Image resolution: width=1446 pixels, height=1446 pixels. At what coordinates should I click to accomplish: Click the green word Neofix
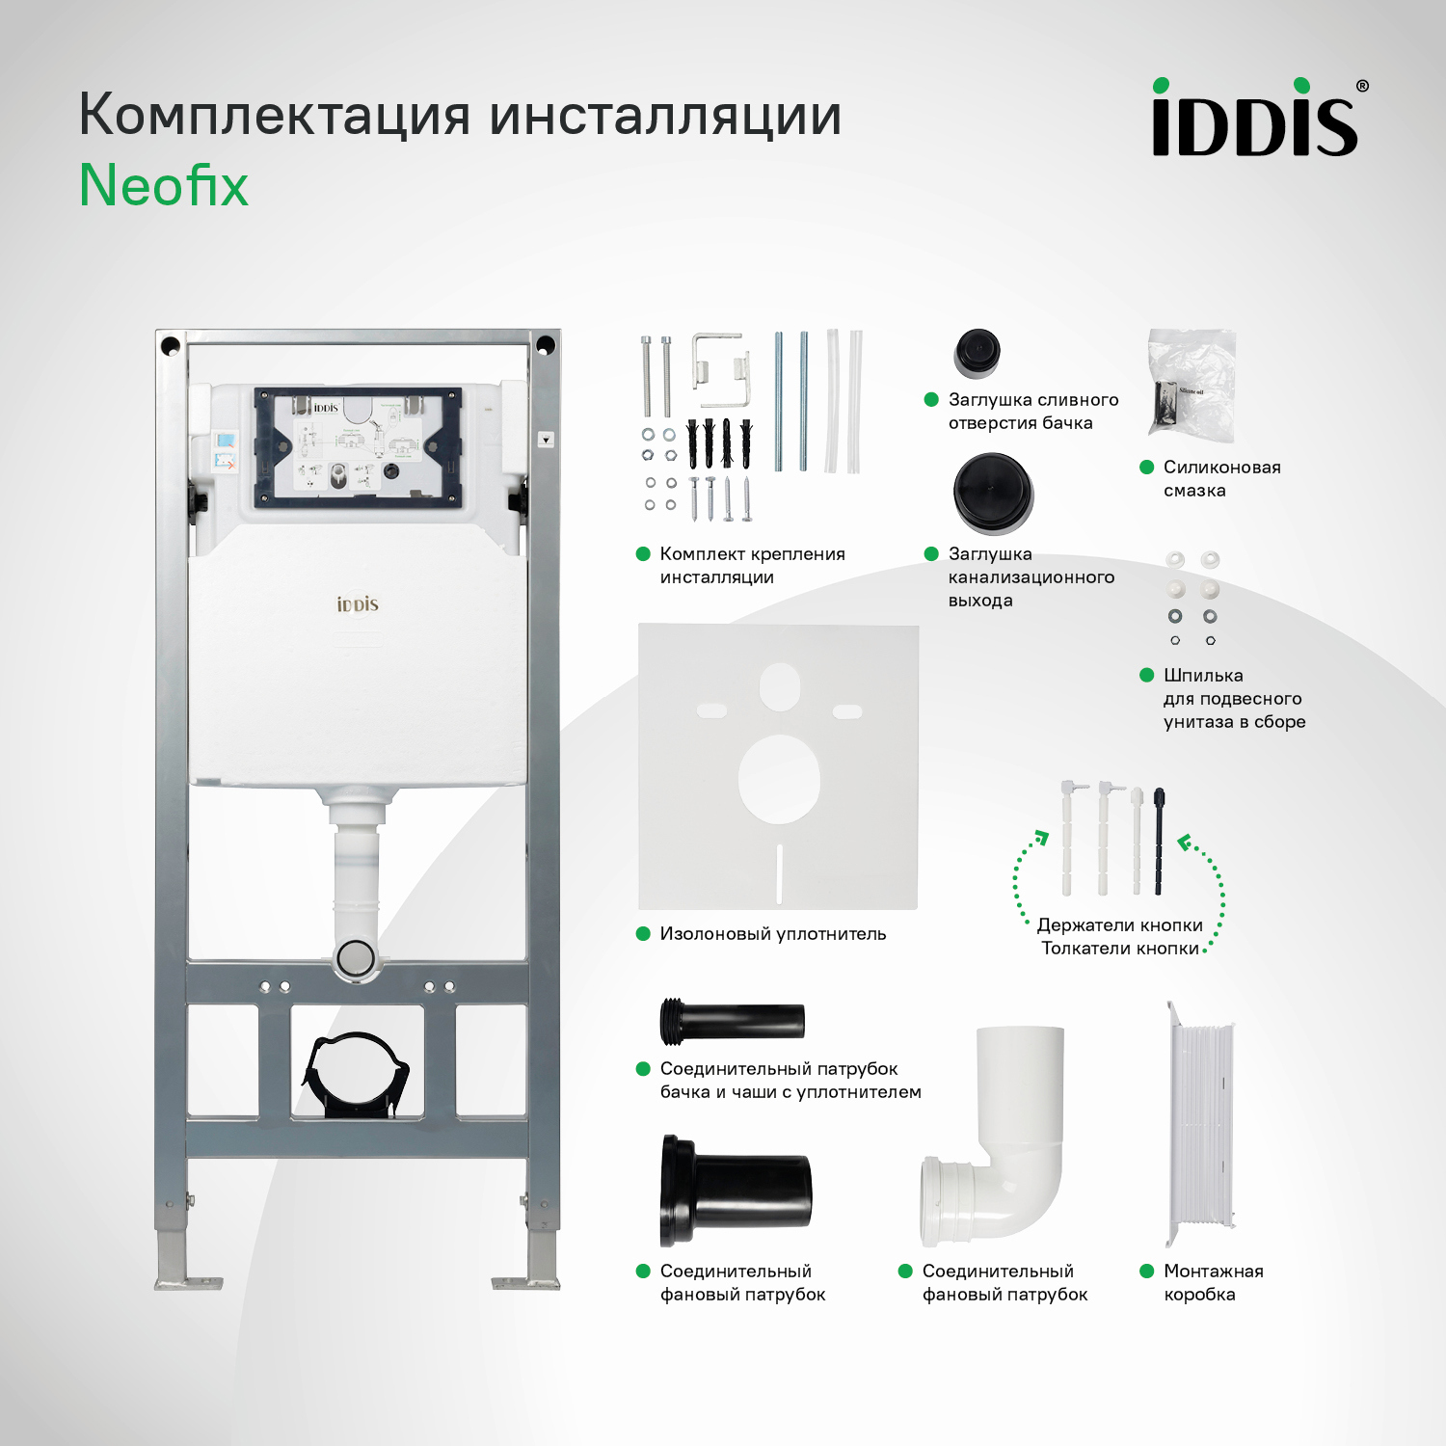(x=164, y=185)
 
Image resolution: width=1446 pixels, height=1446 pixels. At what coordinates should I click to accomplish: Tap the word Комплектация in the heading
(x=275, y=116)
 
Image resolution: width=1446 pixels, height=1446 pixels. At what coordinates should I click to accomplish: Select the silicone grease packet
(x=1192, y=384)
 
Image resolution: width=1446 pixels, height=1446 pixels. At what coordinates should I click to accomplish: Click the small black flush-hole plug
(x=977, y=353)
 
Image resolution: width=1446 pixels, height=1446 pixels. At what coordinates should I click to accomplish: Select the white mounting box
(x=1201, y=1124)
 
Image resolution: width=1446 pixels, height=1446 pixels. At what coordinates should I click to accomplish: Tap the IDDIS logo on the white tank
(x=358, y=604)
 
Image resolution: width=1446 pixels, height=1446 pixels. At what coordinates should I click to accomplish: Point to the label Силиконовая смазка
(x=1221, y=479)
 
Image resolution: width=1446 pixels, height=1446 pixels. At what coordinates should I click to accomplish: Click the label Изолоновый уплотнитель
(x=772, y=934)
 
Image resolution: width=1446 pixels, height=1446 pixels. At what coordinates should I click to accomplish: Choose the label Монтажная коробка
(x=1213, y=1283)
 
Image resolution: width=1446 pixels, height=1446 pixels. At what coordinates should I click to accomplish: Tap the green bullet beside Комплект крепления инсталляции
(x=643, y=554)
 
